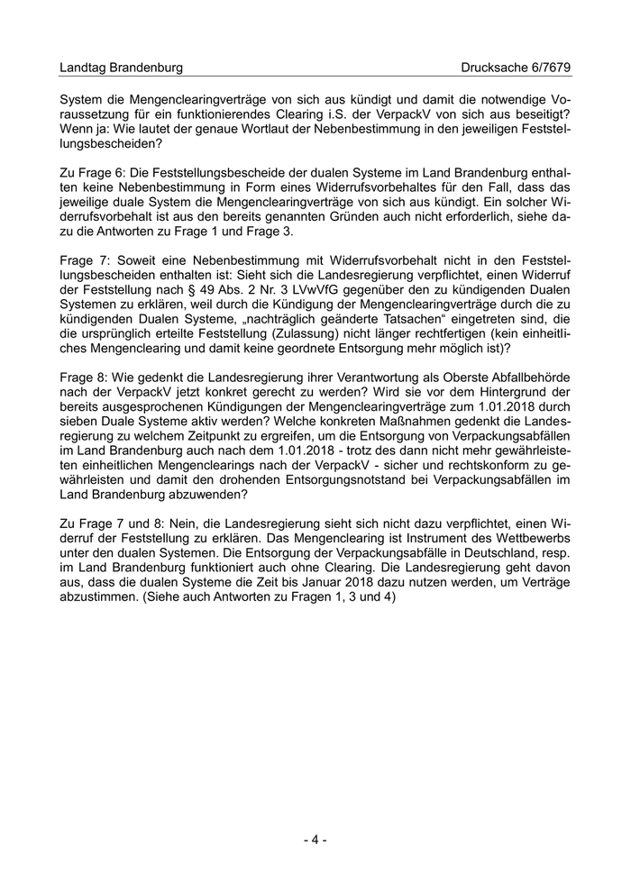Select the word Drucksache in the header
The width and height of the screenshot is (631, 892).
[x=492, y=68]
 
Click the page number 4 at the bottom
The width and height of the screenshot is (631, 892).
[x=315, y=840]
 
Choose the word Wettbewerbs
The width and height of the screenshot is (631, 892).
[x=531, y=538]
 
